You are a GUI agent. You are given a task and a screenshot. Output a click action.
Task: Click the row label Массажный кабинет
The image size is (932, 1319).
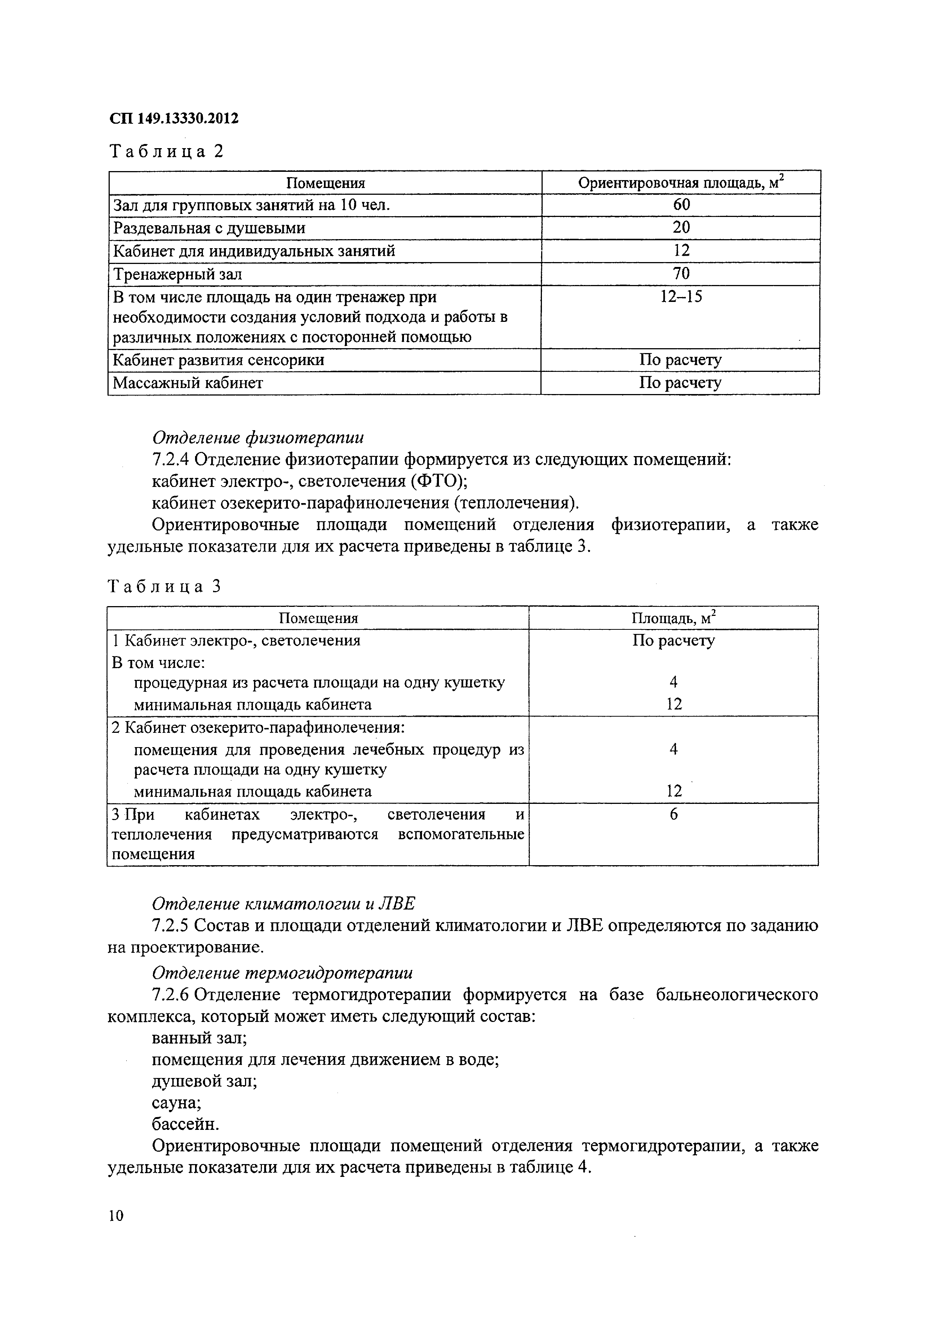tap(188, 383)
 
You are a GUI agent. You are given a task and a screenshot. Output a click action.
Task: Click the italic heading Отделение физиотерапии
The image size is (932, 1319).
tap(258, 438)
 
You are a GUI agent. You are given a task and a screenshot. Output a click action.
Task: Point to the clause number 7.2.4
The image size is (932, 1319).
tap(171, 459)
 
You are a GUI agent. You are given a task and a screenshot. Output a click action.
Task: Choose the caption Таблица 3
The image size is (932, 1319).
tap(165, 586)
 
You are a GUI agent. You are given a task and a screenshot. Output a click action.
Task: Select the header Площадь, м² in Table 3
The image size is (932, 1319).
tap(673, 618)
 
